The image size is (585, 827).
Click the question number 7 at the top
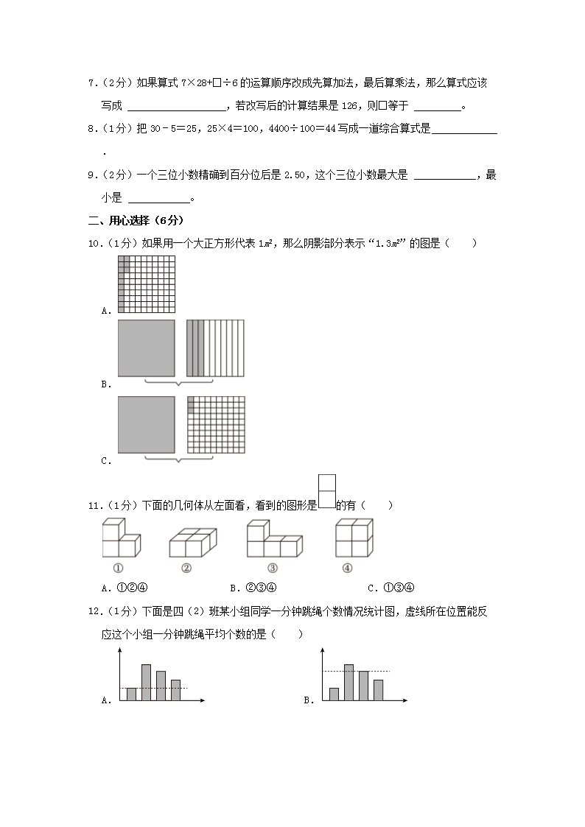[91, 82]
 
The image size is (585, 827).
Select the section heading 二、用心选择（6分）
[136, 220]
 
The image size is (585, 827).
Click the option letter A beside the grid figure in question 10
[106, 311]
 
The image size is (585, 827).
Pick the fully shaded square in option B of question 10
[146, 348]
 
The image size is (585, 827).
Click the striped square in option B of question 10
[215, 348]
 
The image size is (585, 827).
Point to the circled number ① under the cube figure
[117, 567]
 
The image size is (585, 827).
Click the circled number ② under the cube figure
[186, 567]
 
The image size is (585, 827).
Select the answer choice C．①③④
[391, 588]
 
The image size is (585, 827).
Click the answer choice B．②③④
[254, 588]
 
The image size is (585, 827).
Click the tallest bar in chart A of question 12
[146, 682]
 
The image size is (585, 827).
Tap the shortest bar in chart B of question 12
[334, 694]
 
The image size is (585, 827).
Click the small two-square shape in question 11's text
[326, 492]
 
